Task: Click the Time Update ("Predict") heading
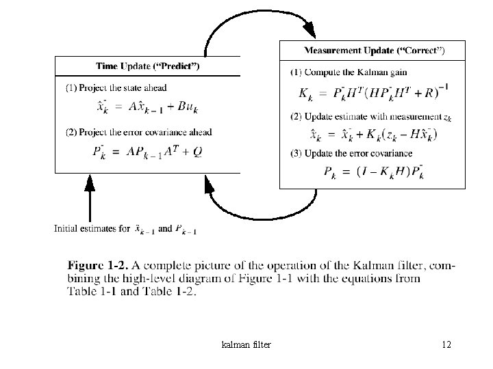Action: click(147, 66)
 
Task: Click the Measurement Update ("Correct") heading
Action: click(374, 51)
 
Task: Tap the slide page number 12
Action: click(446, 344)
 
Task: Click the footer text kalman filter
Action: click(247, 344)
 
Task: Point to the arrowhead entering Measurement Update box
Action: click(309, 30)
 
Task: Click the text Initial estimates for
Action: click(92, 229)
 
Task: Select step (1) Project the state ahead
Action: click(116, 87)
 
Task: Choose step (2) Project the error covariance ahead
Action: click(139, 132)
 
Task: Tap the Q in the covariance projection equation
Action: click(217, 152)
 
